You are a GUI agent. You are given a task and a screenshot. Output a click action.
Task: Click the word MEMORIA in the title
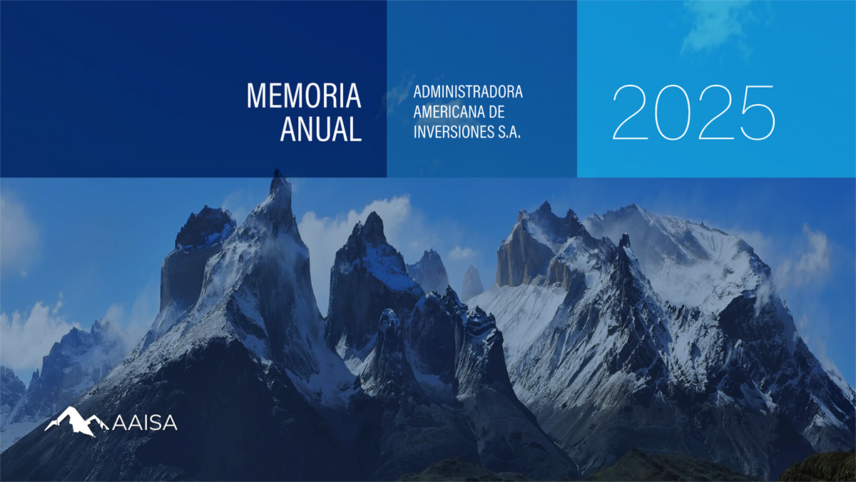click(x=304, y=96)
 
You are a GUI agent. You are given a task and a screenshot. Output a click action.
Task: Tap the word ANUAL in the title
click(x=321, y=129)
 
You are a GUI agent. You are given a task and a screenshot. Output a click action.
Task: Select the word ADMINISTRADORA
click(x=468, y=92)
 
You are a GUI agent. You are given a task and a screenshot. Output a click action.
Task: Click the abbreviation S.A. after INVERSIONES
click(x=509, y=132)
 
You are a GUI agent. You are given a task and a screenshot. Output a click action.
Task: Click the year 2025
click(x=694, y=113)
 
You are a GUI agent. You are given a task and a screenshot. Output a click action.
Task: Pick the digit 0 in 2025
click(x=672, y=113)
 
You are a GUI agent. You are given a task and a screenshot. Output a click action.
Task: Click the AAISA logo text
click(x=145, y=423)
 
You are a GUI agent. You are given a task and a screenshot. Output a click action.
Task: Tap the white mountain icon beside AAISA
click(x=76, y=421)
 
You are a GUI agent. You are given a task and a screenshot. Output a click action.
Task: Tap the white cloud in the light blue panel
click(x=715, y=28)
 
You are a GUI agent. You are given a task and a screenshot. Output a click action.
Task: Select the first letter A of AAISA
click(x=120, y=423)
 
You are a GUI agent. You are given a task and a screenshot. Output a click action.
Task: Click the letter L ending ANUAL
click(x=355, y=129)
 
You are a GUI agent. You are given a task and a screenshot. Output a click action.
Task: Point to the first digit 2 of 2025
click(x=631, y=113)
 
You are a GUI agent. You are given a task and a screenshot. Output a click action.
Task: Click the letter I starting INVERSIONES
click(x=415, y=132)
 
